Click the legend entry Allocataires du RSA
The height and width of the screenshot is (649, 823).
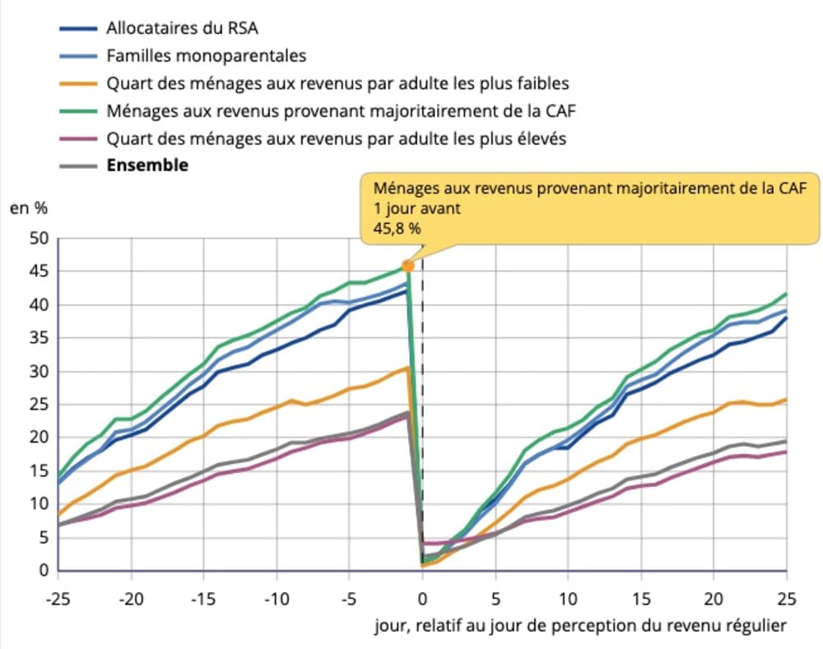tap(182, 28)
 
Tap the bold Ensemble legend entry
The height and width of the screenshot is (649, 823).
tap(146, 165)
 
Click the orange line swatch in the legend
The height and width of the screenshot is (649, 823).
tap(79, 83)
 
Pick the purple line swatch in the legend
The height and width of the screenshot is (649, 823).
tap(79, 138)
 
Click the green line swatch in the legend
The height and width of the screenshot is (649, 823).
tap(79, 111)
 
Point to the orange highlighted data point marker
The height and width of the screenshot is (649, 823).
tap(407, 267)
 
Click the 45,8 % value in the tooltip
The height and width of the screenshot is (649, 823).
tap(398, 229)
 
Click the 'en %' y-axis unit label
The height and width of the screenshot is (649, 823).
tap(28, 208)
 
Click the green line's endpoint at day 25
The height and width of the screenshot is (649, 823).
tap(786, 294)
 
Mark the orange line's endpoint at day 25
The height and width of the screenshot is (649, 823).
tap(786, 400)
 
